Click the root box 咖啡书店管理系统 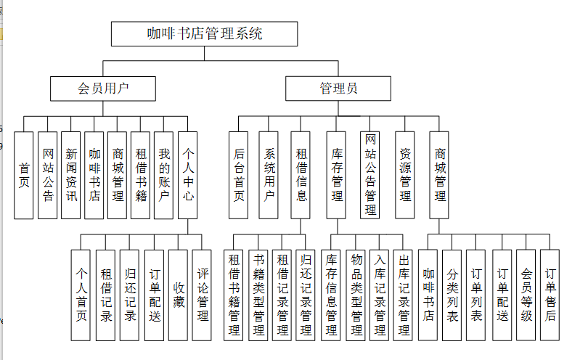[x=204, y=33]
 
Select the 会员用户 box [x=103, y=89]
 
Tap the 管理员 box [x=338, y=89]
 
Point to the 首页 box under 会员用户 [x=24, y=175]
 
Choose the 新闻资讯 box [x=70, y=175]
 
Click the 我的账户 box [x=164, y=175]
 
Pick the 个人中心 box [x=187, y=175]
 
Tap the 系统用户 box [x=269, y=175]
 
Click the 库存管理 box [x=337, y=175]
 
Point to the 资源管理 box [x=405, y=175]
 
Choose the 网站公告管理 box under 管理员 [x=370, y=175]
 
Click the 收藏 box [x=178, y=295]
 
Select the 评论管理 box [x=202, y=295]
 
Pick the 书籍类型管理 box [x=258, y=295]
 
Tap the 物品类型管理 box [x=356, y=295]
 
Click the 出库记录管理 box [x=404, y=295]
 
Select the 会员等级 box [x=526, y=295]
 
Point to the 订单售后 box [x=550, y=295]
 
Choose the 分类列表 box [x=452, y=295]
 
